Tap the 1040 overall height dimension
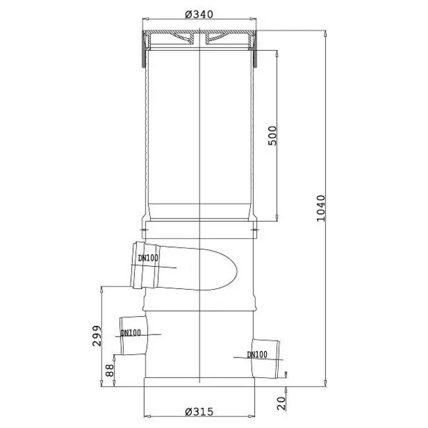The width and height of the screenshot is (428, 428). click(x=321, y=208)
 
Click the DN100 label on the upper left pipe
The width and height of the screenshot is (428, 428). click(x=149, y=258)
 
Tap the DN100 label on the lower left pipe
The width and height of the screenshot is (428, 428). click(x=132, y=333)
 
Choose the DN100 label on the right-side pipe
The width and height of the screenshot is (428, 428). click(x=257, y=354)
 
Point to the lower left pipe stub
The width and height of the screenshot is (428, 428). click(x=130, y=335)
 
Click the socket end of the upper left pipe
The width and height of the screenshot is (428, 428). click(x=139, y=267)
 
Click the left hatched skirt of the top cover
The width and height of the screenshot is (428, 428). click(x=145, y=51)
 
